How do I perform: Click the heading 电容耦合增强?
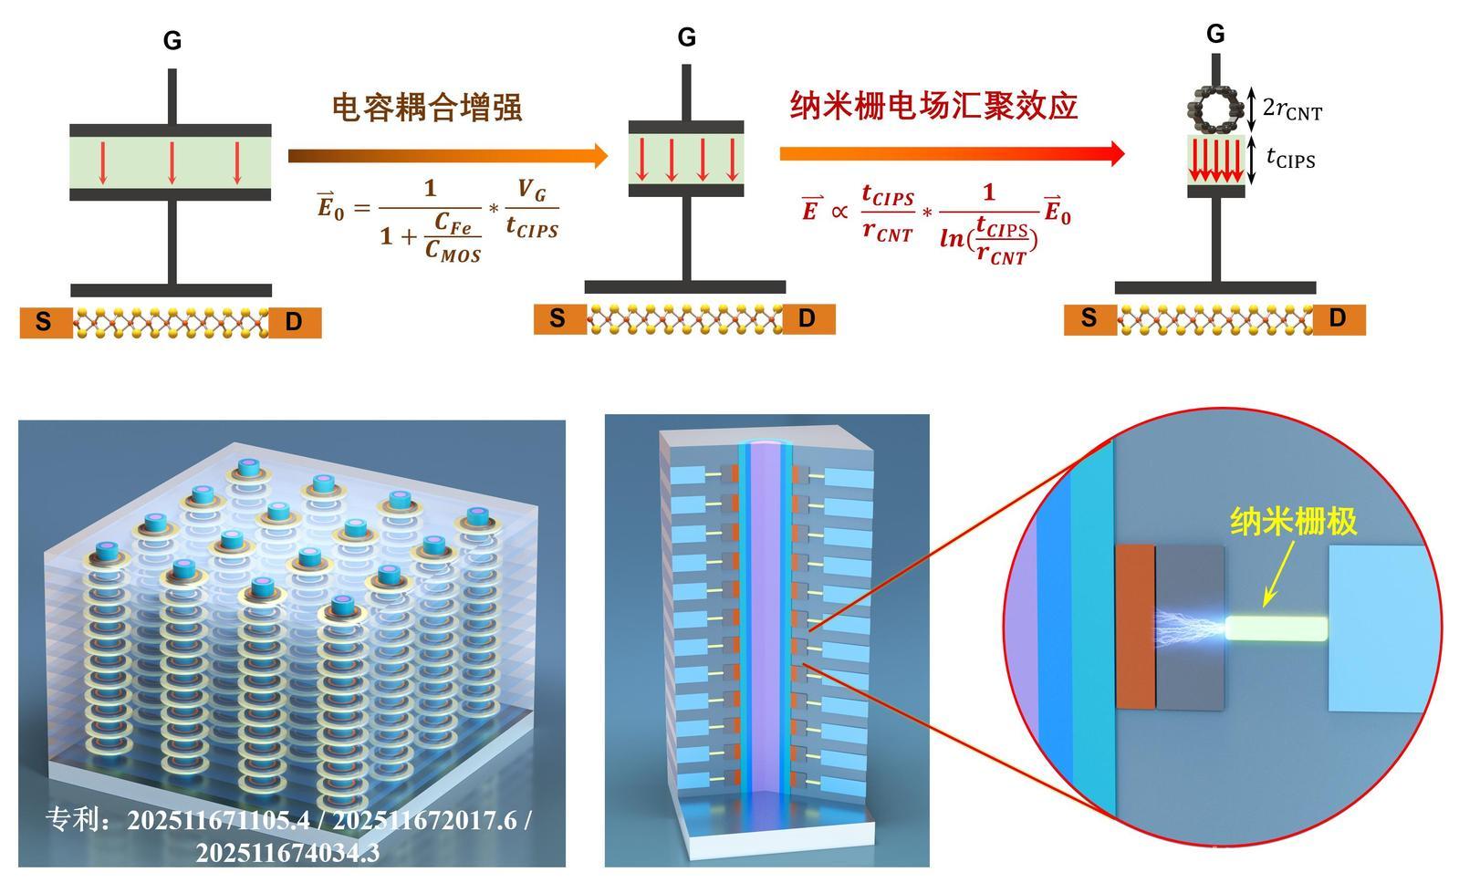[426, 108]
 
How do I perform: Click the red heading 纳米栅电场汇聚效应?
[933, 106]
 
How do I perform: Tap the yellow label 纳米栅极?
[1293, 521]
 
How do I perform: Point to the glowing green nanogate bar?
[1277, 628]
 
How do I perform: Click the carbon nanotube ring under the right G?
[1215, 109]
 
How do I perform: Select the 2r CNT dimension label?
[1291, 109]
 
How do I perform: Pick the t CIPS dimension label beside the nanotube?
[1290, 159]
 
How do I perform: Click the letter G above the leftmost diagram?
[172, 41]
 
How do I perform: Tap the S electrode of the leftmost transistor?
[45, 323]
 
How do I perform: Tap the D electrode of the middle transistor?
[808, 318]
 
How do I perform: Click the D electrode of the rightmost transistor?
[1339, 318]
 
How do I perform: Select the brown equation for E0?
[438, 219]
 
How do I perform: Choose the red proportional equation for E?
[935, 222]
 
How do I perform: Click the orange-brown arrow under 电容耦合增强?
[447, 156]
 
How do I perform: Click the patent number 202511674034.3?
[287, 853]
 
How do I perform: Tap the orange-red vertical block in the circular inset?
[1135, 627]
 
